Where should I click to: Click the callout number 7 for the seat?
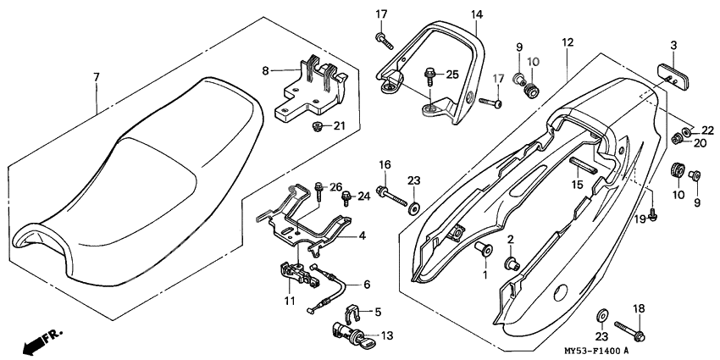pyautogui.click(x=96, y=77)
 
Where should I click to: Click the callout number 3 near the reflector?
pyautogui.click(x=674, y=44)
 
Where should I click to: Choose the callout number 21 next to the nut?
pyautogui.click(x=340, y=126)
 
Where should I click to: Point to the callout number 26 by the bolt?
pyautogui.click(x=334, y=187)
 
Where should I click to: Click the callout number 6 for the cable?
pyautogui.click(x=367, y=285)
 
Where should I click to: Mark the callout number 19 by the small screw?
pyautogui.click(x=641, y=219)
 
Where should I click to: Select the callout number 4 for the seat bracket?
pyautogui.click(x=362, y=235)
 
